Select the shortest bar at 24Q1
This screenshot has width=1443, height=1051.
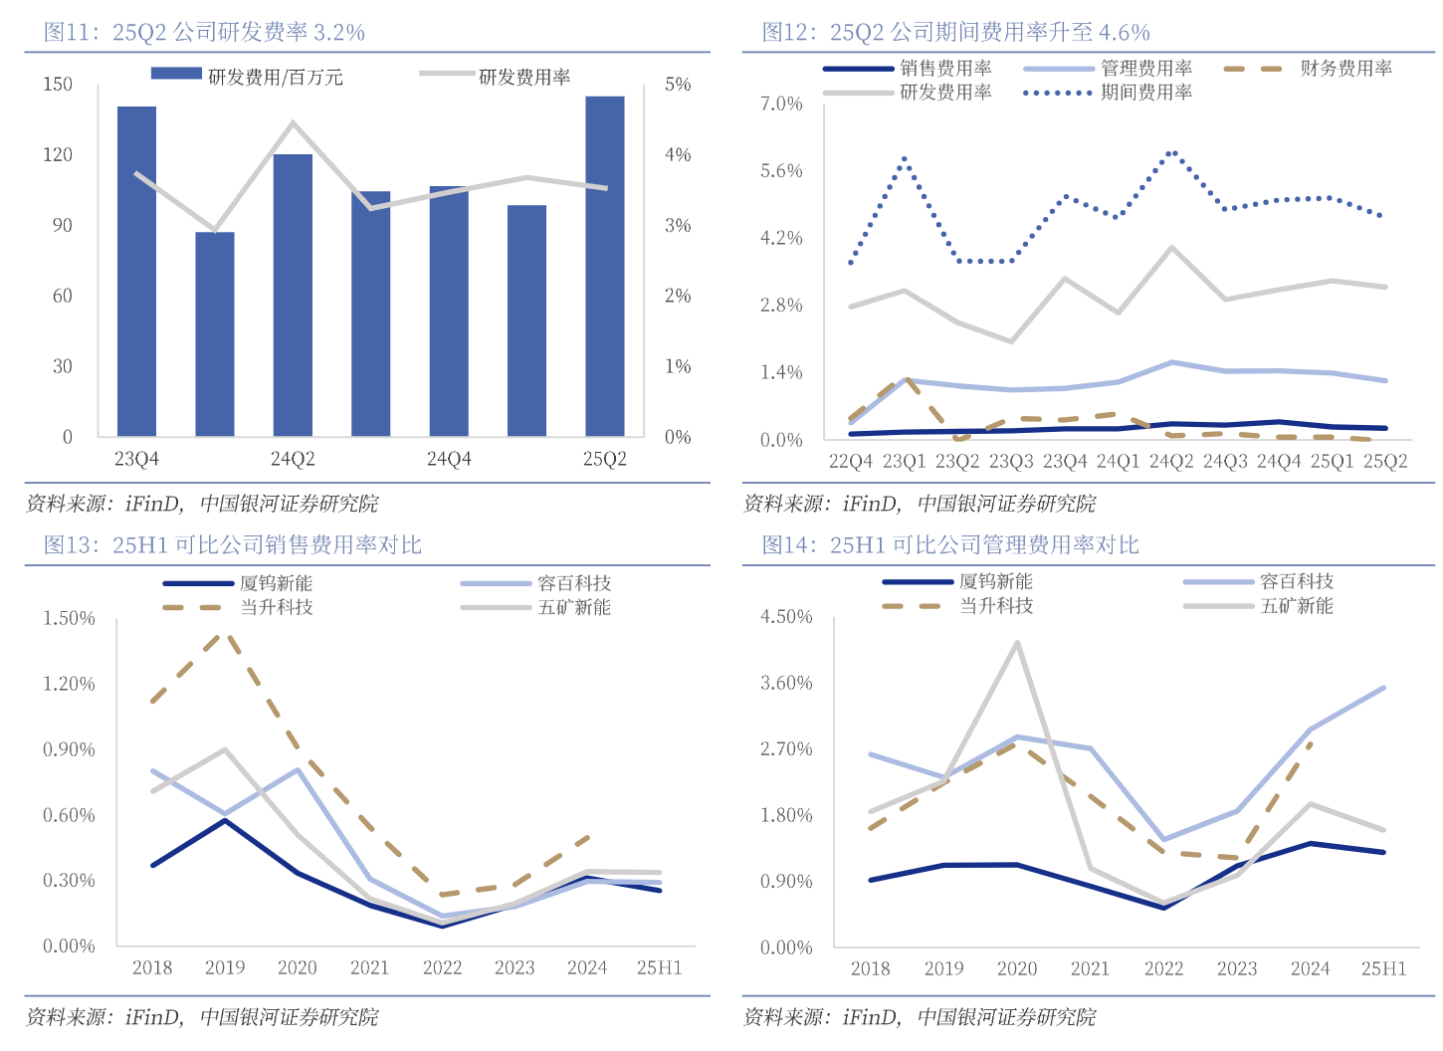coord(215,334)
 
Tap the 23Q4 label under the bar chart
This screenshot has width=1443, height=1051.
coord(136,459)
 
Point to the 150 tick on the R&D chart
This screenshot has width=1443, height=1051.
coord(58,84)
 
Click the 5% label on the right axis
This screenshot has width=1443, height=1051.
coord(678,85)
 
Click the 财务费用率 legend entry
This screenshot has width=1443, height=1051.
coord(1345,69)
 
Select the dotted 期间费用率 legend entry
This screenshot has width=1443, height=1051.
coord(1145,93)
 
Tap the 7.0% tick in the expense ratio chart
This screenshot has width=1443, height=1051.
coord(781,104)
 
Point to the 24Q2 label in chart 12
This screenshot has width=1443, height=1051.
coord(1171,461)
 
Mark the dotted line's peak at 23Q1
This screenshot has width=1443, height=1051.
coord(904,158)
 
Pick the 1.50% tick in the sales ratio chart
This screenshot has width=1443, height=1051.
coord(69,618)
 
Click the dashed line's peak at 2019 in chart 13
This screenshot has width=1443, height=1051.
coord(225,632)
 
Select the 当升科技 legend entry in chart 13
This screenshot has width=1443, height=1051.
coord(276,607)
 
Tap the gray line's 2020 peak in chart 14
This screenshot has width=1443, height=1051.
coord(1017,643)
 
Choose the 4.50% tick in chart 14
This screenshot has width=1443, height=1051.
coord(786,617)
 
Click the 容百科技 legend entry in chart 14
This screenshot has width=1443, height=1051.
coord(1296,581)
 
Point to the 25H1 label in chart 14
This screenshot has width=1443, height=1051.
coord(1383,968)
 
